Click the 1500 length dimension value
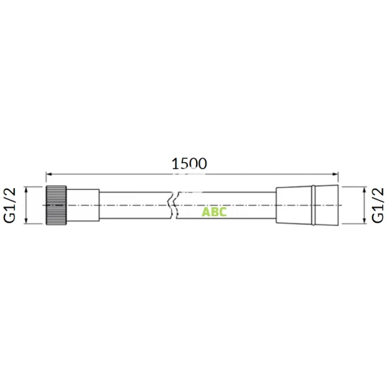click(x=189, y=164)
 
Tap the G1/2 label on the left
click(x=10, y=205)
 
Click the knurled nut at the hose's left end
click(x=57, y=205)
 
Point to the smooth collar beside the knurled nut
click(x=84, y=205)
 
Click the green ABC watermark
click(x=214, y=212)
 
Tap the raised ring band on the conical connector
click(x=315, y=205)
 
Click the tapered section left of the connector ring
click(x=294, y=205)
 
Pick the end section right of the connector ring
click(x=329, y=205)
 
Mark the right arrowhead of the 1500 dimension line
click(x=336, y=174)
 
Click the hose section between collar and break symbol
click(x=134, y=205)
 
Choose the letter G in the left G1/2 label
click(x=10, y=218)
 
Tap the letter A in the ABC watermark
click(x=205, y=212)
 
